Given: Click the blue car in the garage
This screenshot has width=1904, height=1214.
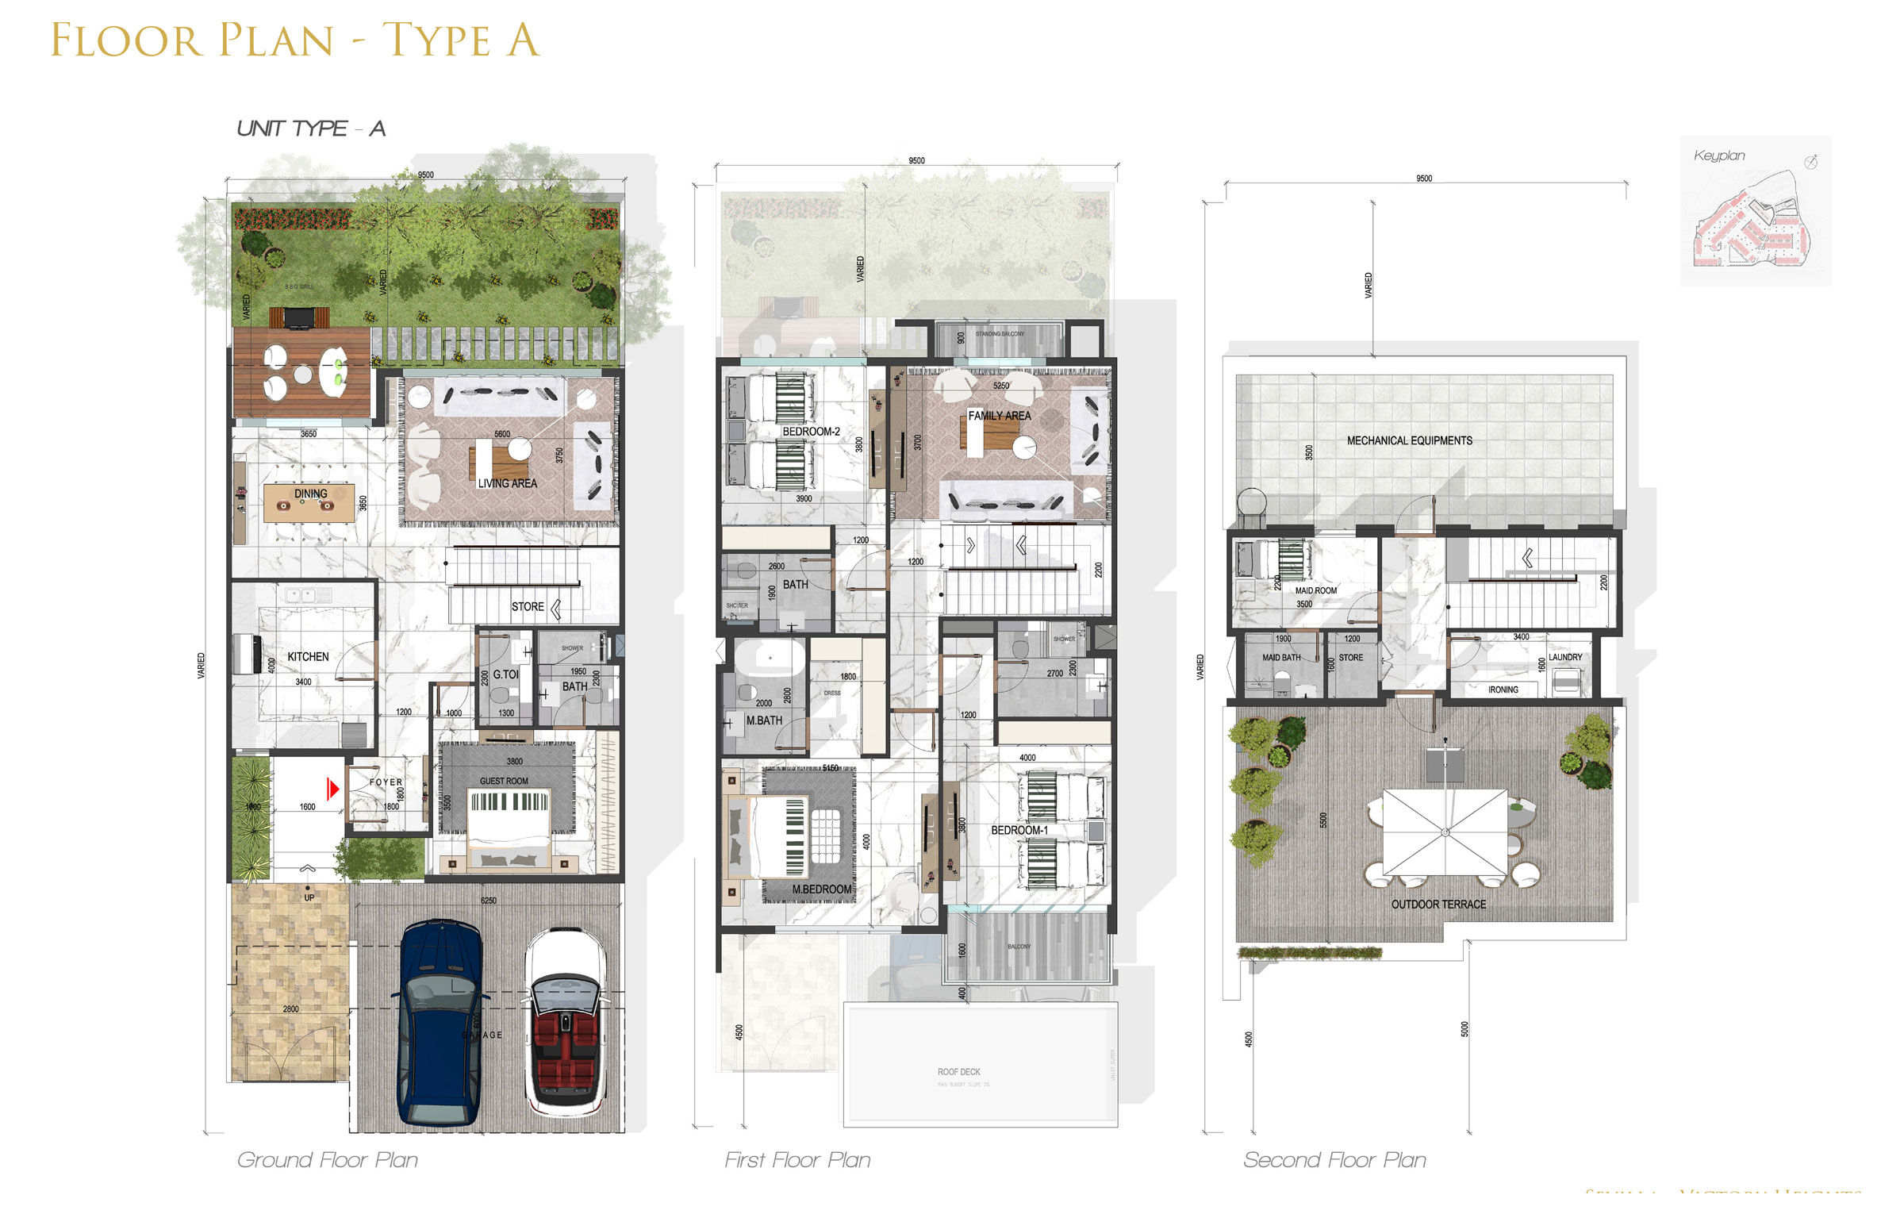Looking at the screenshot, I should point(439,1024).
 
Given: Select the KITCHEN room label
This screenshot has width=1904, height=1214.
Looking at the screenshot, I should point(308,657).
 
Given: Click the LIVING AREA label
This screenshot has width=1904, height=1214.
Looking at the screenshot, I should point(507,483).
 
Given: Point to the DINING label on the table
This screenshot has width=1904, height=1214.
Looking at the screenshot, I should point(310,494).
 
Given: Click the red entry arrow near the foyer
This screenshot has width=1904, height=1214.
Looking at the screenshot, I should point(333,788).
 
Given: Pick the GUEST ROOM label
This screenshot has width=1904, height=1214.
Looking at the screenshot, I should point(504,782).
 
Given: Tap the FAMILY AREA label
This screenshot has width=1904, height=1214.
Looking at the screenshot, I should point(1000,416).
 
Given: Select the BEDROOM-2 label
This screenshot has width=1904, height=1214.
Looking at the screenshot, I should point(811,432).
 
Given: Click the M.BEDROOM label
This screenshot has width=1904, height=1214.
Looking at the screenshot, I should point(821,889).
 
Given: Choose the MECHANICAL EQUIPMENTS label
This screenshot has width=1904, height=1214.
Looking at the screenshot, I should point(1409,440).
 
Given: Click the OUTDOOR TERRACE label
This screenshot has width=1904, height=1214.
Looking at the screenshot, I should point(1438,905).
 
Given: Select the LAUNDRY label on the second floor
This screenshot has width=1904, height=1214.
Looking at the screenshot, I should point(1564,658).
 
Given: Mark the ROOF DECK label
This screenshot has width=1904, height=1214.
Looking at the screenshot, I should point(958,1072).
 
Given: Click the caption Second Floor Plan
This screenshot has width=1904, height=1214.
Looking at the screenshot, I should point(1334,1160).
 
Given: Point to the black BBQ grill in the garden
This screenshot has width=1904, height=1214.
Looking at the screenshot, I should point(298,317).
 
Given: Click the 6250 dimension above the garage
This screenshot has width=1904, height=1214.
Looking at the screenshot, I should point(489,901).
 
